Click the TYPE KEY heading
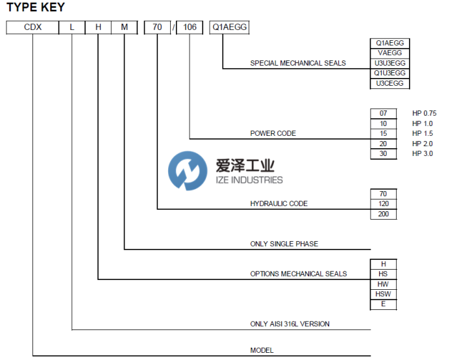[36, 8]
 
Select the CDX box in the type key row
[32, 28]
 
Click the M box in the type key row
[124, 28]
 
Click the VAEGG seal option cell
[389, 53]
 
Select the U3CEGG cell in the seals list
[389, 84]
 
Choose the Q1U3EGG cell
[389, 73]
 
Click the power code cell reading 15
[383, 133]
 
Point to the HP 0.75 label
[424, 113]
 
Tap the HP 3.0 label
[422, 153]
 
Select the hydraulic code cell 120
[383, 203]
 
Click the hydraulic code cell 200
[383, 214]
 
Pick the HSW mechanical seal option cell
[383, 294]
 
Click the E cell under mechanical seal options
[383, 304]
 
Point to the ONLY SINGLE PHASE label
[284, 244]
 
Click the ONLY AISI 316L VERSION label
[294, 324]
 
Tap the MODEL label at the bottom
[262, 350]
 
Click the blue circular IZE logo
[187, 171]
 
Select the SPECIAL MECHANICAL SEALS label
[298, 63]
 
